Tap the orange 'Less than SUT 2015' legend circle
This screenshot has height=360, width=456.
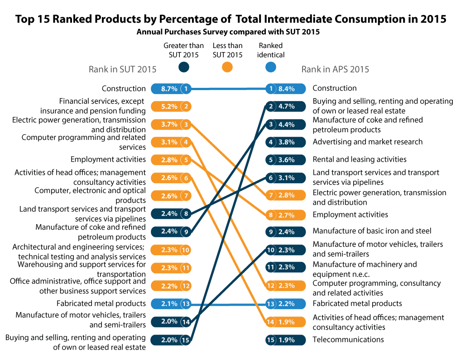click(x=227, y=67)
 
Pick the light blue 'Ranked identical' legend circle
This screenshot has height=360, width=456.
click(x=271, y=67)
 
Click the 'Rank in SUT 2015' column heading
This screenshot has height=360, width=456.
click(x=122, y=69)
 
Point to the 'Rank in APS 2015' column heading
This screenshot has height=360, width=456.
click(x=335, y=69)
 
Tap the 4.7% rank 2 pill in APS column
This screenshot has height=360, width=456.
click(x=282, y=106)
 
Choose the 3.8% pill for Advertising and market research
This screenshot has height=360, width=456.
click(x=282, y=142)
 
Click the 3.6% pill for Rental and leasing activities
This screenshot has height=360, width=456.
click(x=282, y=159)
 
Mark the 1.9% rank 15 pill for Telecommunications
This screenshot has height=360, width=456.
click(x=282, y=340)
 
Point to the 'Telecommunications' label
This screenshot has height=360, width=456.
click(x=348, y=340)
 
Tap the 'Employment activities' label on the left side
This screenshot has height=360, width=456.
click(x=108, y=159)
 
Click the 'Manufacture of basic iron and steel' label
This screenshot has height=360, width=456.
click(x=372, y=231)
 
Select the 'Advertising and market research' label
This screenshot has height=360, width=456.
click(x=367, y=142)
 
